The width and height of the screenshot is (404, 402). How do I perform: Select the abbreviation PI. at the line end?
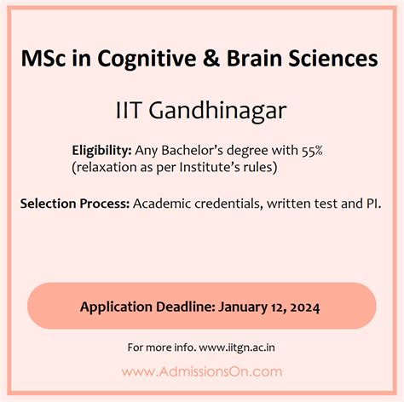pos(373,204)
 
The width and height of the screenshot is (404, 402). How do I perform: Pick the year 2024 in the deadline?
pos(304,306)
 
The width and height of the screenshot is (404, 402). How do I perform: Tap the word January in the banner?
pos(248,306)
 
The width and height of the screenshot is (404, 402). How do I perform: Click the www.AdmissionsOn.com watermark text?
pos(201,371)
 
